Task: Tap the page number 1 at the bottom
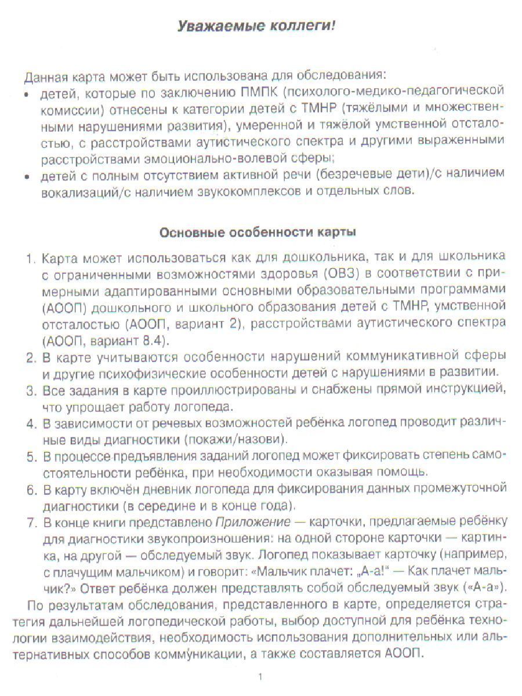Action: click(x=261, y=676)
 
